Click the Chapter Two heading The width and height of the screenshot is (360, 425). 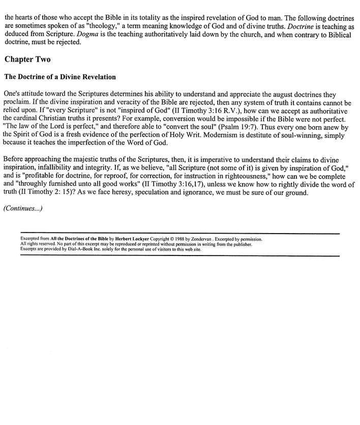(x=27, y=60)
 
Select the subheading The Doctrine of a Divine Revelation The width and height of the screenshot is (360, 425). (x=60, y=77)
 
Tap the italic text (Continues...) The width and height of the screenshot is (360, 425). (x=23, y=208)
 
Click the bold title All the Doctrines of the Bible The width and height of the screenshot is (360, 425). (x=78, y=239)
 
